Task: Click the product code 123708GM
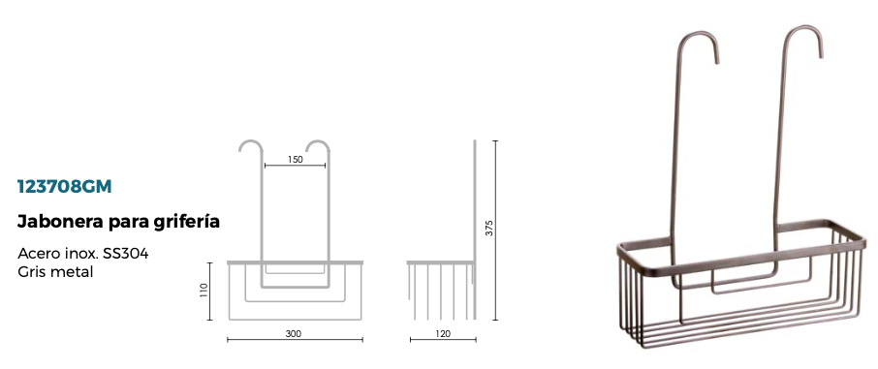pos(64,187)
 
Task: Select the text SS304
pos(125,254)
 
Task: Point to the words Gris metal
pos(55,272)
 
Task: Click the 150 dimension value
pos(296,160)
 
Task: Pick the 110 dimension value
pos(204,290)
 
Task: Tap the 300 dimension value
pos(294,334)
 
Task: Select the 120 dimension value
pos(442,334)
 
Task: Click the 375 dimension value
pos(489,228)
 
